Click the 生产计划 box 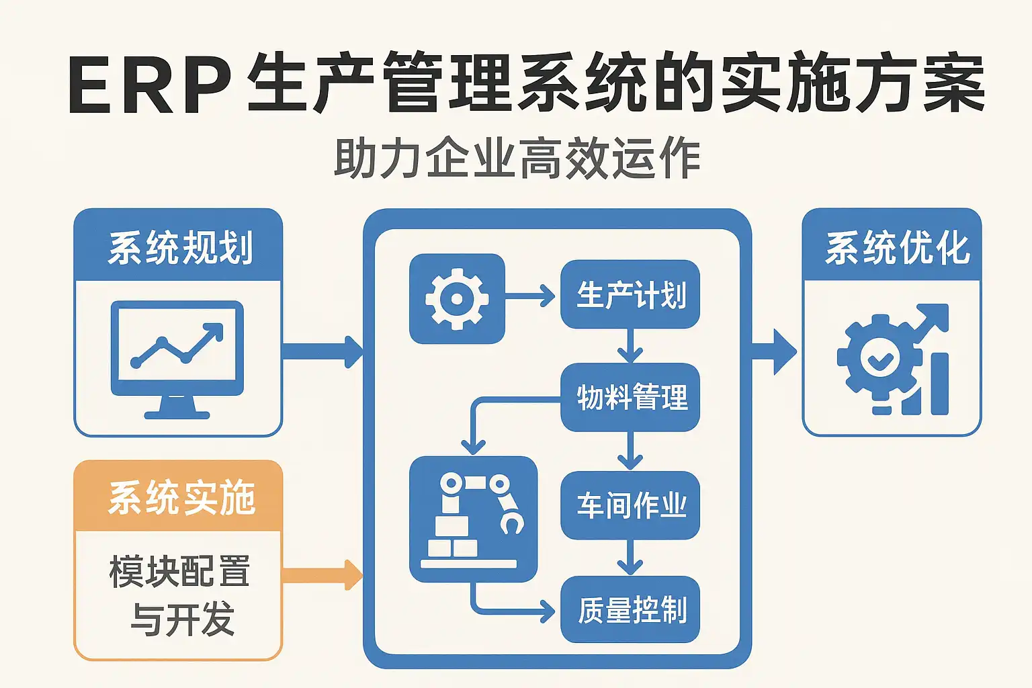(630, 295)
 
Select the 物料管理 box (630, 397)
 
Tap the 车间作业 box (630, 505)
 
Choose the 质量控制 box (630, 609)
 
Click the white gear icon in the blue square (457, 299)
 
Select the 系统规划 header (179, 246)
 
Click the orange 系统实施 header (179, 497)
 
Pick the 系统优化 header (892, 246)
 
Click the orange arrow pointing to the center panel (322, 575)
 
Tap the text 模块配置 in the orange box (179, 572)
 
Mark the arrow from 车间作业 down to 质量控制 (630, 558)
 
